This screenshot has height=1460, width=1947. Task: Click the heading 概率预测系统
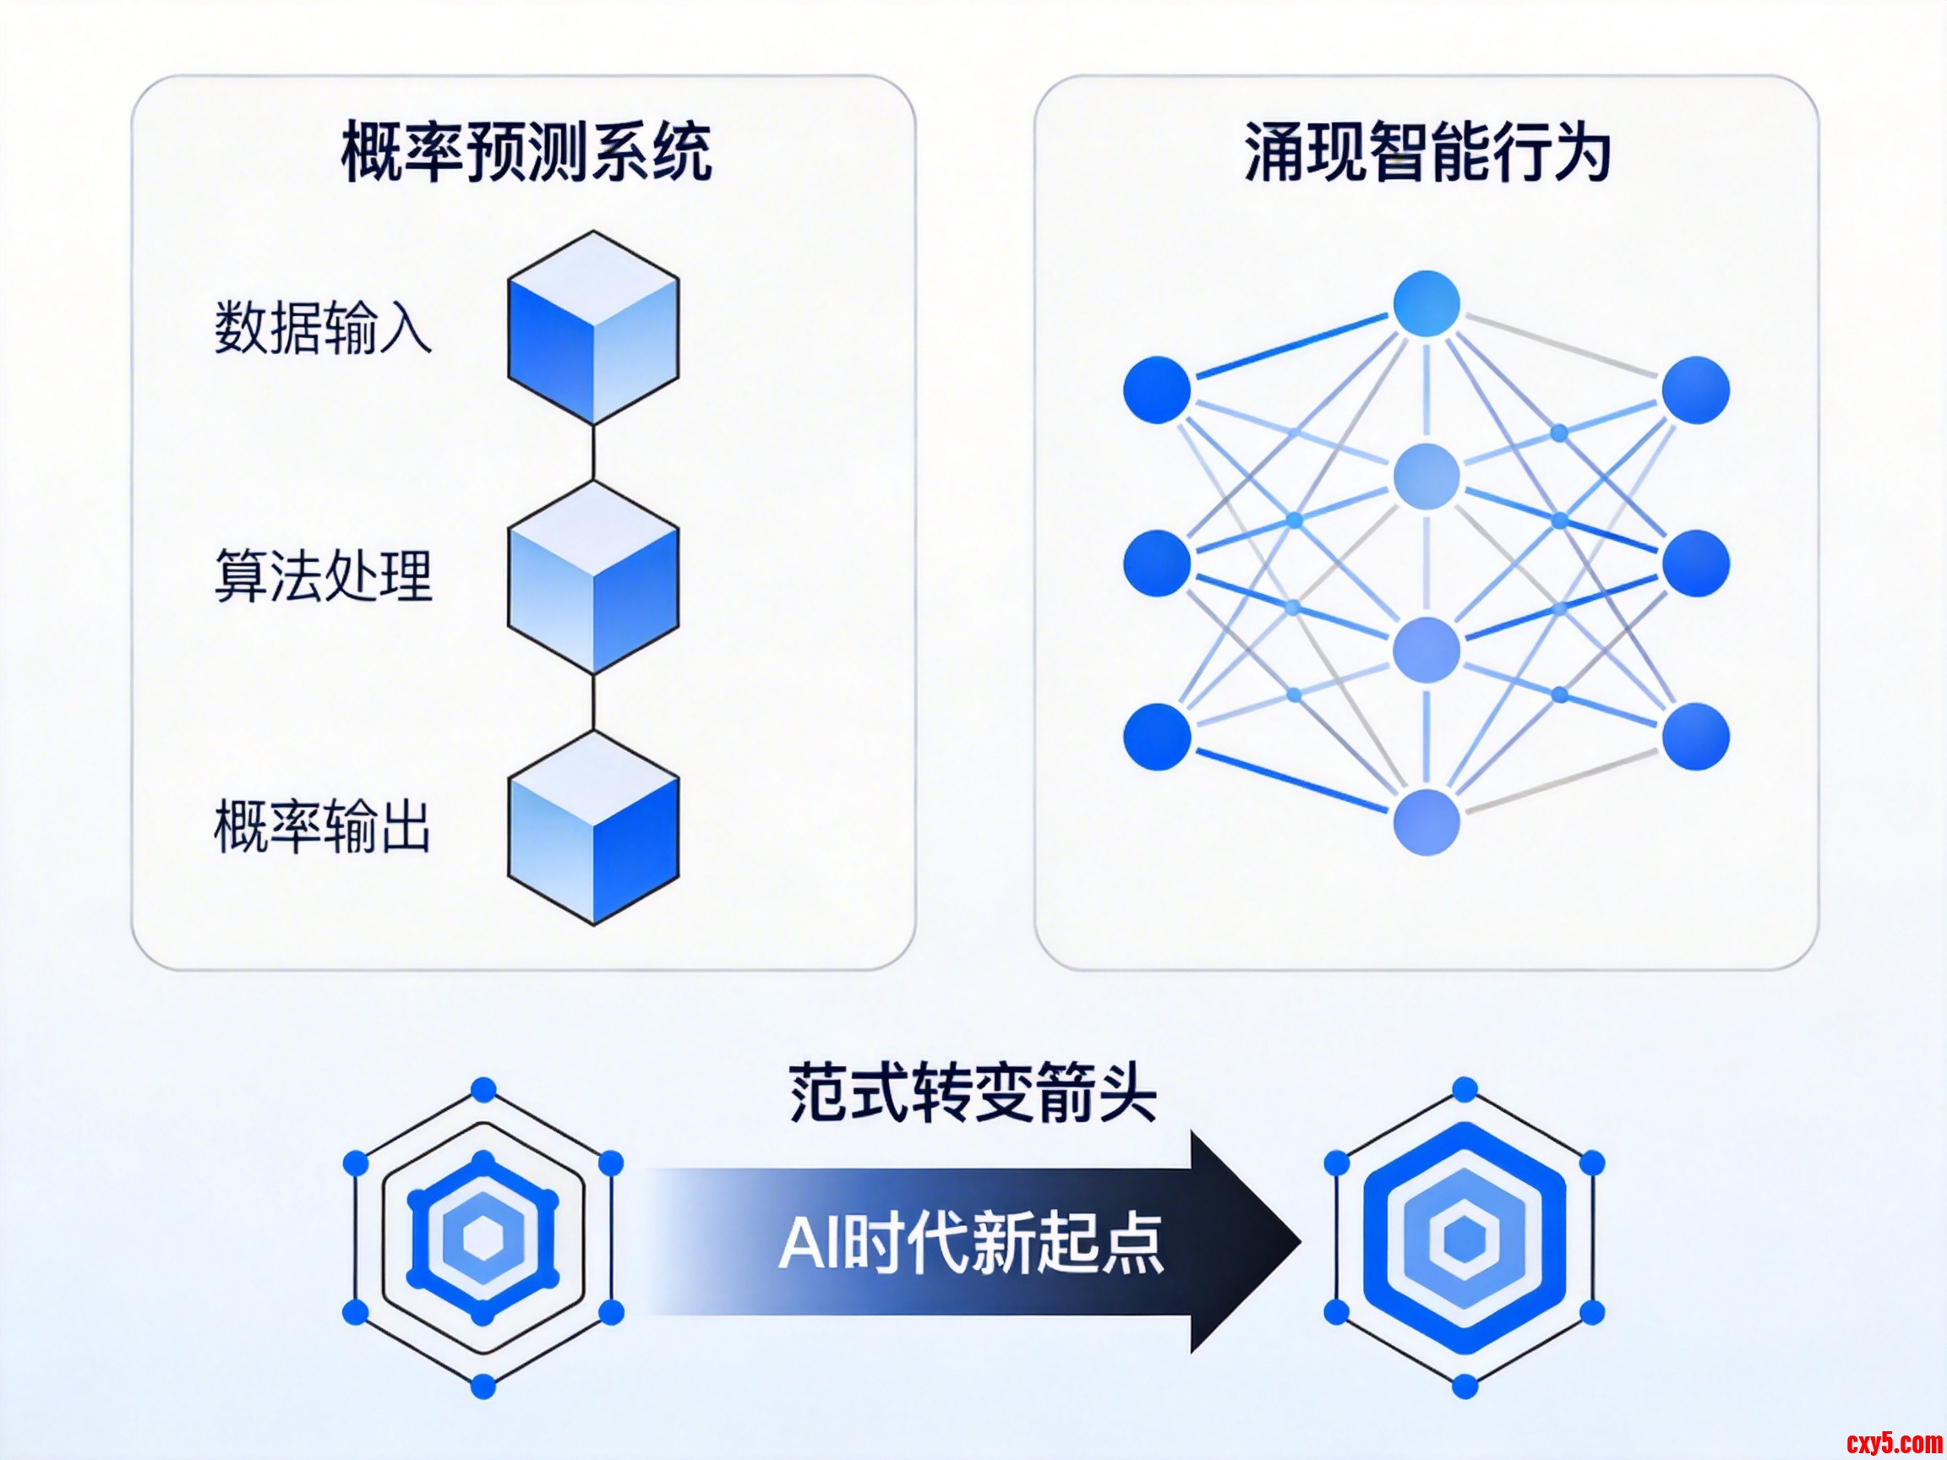(x=526, y=151)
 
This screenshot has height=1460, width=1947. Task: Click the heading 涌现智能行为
(x=1426, y=151)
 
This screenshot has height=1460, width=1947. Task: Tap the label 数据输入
(x=323, y=327)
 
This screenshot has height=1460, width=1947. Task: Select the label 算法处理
(x=323, y=576)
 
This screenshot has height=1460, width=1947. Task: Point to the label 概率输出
(x=323, y=825)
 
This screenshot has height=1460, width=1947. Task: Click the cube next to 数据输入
(x=593, y=329)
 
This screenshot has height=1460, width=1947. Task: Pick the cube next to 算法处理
(x=593, y=578)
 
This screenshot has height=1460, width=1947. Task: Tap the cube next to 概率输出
(x=593, y=828)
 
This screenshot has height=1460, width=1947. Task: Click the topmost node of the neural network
(x=1426, y=303)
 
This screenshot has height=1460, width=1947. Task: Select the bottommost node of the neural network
(x=1426, y=822)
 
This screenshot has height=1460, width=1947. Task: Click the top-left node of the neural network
(x=1157, y=390)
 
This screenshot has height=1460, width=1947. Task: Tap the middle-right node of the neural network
(x=1695, y=564)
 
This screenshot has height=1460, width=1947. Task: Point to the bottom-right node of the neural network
(x=1695, y=736)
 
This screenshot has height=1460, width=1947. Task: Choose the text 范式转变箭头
(x=972, y=1092)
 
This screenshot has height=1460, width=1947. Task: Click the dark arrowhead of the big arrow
(x=1241, y=1242)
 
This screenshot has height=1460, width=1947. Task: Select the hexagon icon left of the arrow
(x=483, y=1239)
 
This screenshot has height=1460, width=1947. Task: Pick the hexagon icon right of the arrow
(x=1464, y=1239)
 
